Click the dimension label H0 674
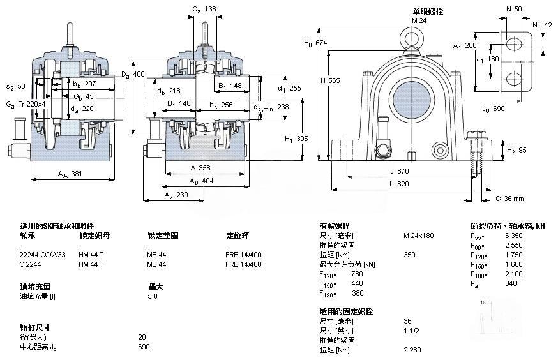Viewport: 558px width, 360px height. click(315, 43)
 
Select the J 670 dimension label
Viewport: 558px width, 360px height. click(400, 171)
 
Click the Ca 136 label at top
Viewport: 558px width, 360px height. click(204, 9)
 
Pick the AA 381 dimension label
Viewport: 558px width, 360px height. click(70, 174)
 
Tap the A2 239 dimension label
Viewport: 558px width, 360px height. click(176, 195)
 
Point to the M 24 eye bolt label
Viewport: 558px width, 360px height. click(418, 20)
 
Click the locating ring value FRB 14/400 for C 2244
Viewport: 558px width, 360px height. click(243, 264)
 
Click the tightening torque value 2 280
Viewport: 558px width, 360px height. click(413, 350)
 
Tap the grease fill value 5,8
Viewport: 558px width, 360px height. click(154, 296)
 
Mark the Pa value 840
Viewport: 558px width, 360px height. click(529, 283)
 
